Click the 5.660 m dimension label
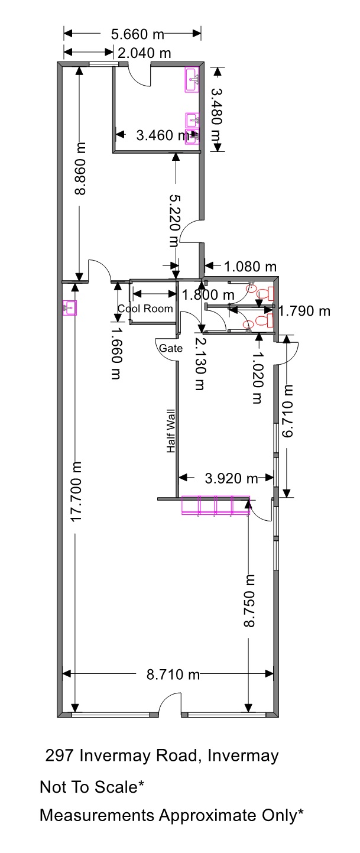tap(137, 34)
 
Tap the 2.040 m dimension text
tap(144, 53)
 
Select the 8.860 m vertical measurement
tap(80, 168)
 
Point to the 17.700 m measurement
tap(76, 492)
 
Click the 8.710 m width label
tap(173, 674)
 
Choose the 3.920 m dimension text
tap(232, 478)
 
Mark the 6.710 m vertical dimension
tap(288, 411)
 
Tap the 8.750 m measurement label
tap(249, 601)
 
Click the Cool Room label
tap(145, 309)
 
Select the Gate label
tap(171, 348)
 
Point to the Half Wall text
tap(171, 431)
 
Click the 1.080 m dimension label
tap(250, 267)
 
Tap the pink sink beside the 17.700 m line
tap(70, 308)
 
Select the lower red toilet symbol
tap(266, 320)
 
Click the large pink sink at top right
tap(192, 80)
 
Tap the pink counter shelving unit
tap(216, 505)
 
